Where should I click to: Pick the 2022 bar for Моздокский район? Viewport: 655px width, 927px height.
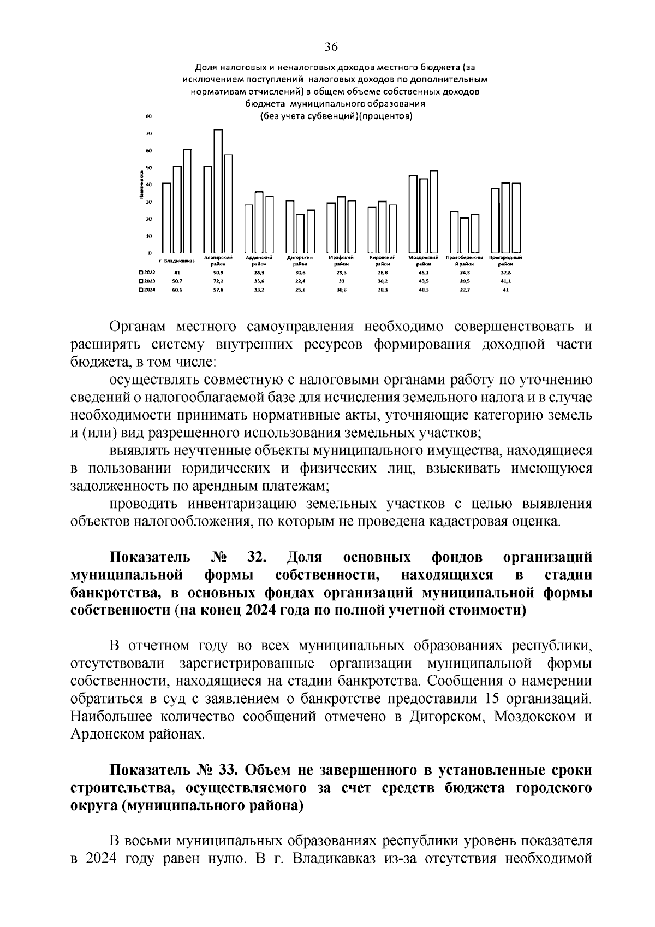coord(413,214)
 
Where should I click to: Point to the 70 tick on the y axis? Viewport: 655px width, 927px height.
coord(148,133)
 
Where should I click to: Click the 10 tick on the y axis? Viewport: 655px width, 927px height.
coord(148,236)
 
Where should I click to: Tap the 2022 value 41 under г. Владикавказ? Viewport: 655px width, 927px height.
coord(176,272)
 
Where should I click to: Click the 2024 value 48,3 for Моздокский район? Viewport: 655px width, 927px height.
coord(424,290)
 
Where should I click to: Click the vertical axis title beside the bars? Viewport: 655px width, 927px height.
coord(141,185)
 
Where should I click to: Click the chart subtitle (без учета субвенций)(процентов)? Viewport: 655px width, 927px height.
coord(335,115)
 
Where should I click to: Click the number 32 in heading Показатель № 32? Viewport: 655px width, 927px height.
coord(256,557)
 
